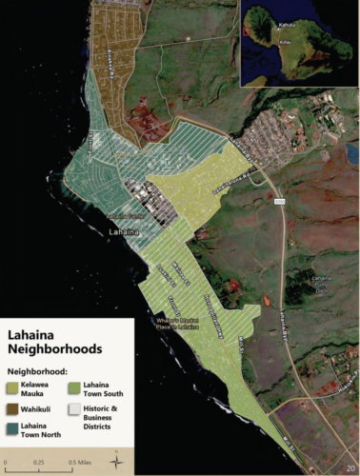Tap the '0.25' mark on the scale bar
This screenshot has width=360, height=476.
click(38, 462)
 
